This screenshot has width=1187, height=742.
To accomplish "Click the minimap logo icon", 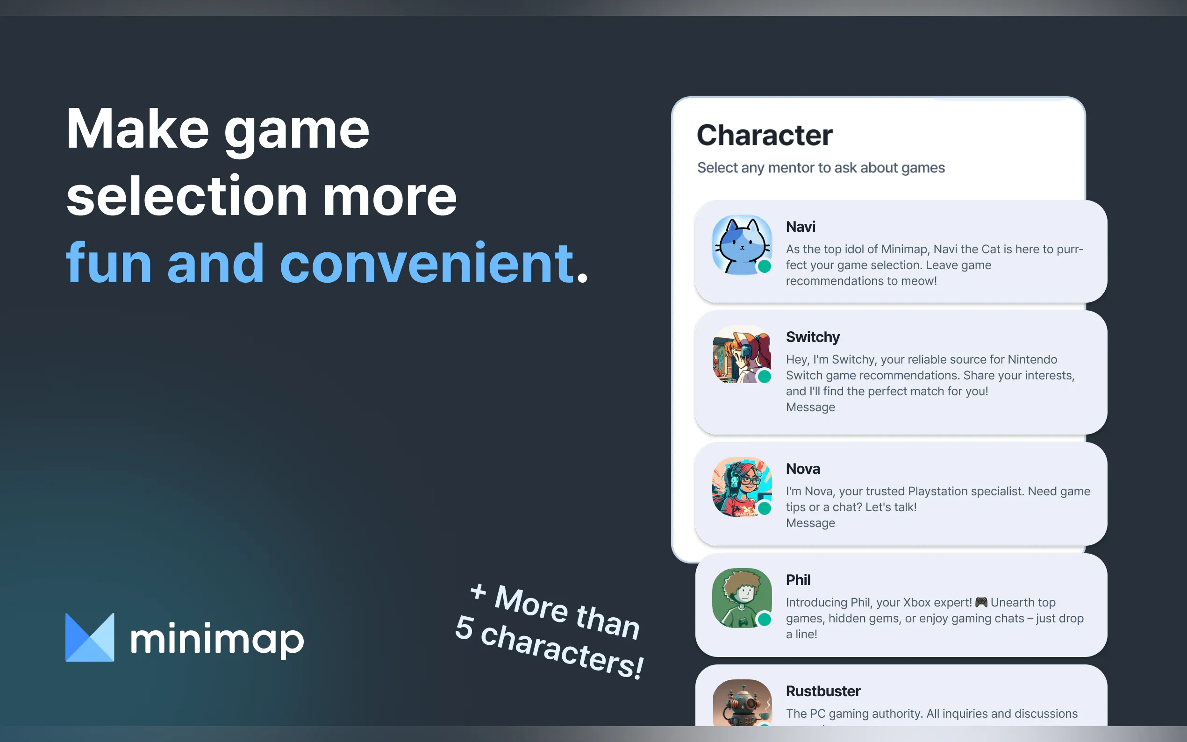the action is click(90, 637).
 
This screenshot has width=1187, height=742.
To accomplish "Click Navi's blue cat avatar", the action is click(742, 244).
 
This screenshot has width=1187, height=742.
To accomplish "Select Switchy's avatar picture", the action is click(742, 354).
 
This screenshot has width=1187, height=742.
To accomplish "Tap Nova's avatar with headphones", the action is click(742, 486).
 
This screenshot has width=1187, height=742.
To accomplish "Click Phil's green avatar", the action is click(742, 598).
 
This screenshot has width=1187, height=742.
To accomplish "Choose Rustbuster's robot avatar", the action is click(742, 703).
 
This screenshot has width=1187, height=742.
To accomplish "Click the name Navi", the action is click(801, 227).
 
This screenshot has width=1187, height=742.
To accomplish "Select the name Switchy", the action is click(813, 337).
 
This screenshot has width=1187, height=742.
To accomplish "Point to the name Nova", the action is click(803, 469).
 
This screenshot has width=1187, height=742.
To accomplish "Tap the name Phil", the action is click(798, 579).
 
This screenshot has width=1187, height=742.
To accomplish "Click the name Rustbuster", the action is click(823, 691).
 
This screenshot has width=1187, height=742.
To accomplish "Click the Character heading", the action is click(765, 135).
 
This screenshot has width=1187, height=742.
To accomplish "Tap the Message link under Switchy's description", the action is click(810, 407).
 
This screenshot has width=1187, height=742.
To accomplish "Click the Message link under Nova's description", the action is click(810, 523).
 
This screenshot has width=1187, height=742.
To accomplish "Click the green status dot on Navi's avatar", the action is click(764, 266).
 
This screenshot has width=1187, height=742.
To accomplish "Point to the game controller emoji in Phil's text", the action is click(981, 602).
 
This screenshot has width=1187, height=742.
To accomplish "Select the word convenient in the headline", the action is click(426, 263).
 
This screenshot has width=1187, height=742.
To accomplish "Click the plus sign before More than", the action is click(478, 592).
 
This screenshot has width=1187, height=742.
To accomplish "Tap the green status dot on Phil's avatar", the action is click(764, 619).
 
